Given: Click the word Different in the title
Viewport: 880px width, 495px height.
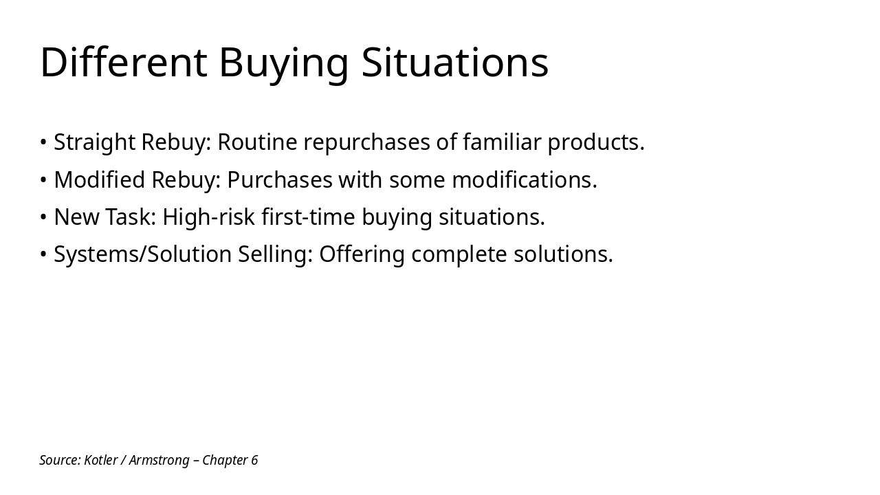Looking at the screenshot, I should tap(124, 62).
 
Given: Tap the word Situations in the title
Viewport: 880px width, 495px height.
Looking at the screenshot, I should tap(454, 62).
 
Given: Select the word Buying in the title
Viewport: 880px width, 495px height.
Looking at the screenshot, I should tap(284, 63).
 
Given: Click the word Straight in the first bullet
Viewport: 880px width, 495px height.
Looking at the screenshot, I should tap(95, 142).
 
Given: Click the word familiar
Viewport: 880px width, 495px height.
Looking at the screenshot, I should tap(502, 142).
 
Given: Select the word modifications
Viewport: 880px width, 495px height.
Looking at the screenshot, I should tap(524, 179).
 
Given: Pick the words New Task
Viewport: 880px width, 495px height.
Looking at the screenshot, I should tap(105, 217).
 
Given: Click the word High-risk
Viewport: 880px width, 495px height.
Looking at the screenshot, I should tap(209, 217).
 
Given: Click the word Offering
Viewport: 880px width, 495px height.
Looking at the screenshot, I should tap(362, 254).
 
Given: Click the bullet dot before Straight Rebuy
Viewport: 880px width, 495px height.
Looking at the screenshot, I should tap(43, 143).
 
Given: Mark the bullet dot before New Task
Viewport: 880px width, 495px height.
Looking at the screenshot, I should tap(43, 217).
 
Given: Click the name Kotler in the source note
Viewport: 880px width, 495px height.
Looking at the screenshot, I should tap(100, 460).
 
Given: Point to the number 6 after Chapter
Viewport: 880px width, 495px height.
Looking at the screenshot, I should tap(254, 460).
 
